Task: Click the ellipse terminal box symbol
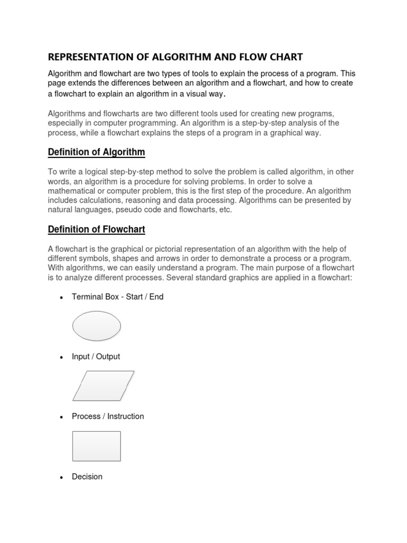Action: pos(96,326)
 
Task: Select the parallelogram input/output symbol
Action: pos(103,386)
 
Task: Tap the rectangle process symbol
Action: pos(96,446)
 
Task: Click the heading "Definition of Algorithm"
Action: pos(96,152)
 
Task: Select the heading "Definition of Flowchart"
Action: pos(96,229)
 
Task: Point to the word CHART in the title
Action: pos(286,57)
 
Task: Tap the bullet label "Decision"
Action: pos(87,477)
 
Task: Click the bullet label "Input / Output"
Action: pos(96,356)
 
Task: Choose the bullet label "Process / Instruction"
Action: pos(108,416)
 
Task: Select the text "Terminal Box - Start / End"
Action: pos(118,297)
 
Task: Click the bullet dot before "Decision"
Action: pos(61,477)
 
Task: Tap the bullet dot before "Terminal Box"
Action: pos(61,297)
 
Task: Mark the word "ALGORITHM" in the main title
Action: pos(192,57)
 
